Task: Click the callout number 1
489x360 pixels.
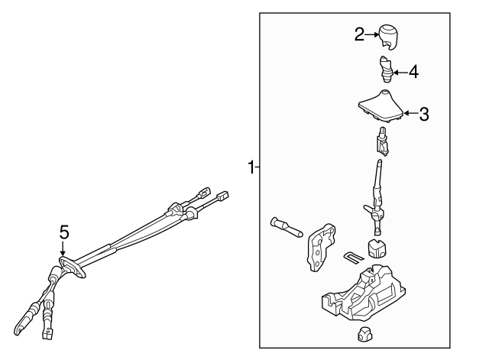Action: (x=251, y=167)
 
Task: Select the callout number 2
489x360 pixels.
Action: (x=360, y=33)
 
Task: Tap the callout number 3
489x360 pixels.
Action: (x=424, y=114)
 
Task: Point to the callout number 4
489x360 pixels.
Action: (x=413, y=73)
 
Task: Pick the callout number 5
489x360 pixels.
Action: (x=64, y=232)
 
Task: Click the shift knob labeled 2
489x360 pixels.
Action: (x=390, y=36)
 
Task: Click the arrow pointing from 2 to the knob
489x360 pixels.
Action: (x=372, y=33)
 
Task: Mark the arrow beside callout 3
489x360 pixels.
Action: (x=410, y=114)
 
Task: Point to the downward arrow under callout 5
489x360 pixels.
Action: (x=64, y=249)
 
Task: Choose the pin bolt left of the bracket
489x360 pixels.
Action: (x=286, y=227)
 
